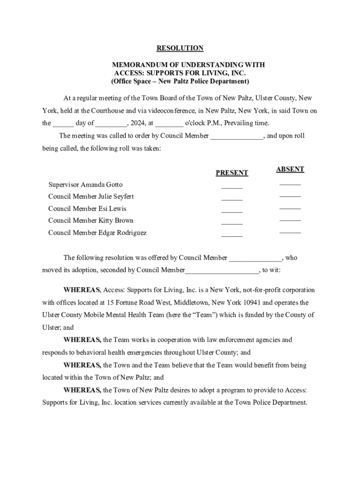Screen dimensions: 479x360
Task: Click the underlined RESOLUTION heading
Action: click(180, 48)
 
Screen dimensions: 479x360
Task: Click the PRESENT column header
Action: click(231, 173)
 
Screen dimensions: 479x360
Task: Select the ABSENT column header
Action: click(290, 169)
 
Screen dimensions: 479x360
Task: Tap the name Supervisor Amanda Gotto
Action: click(85, 185)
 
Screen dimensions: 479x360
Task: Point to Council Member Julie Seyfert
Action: click(91, 196)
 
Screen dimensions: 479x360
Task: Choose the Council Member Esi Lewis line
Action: click(87, 209)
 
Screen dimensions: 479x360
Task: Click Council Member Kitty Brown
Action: click(91, 220)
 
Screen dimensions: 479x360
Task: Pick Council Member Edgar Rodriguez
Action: click(97, 232)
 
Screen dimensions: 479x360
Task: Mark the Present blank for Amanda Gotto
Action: click(232, 187)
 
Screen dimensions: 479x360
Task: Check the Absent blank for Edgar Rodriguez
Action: click(290, 232)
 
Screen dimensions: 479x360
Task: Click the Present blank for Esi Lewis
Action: click(232, 210)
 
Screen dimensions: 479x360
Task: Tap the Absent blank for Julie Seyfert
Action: click(290, 196)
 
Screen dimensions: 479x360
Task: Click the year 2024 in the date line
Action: click(137, 123)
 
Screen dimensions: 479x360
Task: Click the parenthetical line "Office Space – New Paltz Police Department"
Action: click(180, 81)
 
